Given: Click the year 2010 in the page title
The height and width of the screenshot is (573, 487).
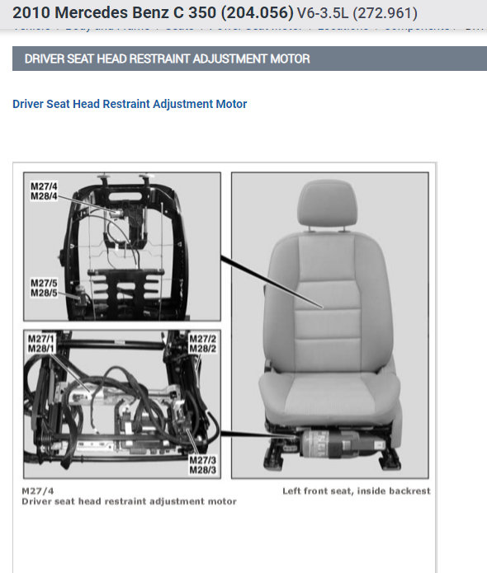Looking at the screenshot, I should [x=31, y=13].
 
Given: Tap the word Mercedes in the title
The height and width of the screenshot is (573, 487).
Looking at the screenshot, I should [x=89, y=13].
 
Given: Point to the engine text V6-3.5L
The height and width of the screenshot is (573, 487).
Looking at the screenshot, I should [x=323, y=14].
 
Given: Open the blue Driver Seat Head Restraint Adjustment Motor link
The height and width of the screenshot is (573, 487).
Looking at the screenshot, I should [x=130, y=104].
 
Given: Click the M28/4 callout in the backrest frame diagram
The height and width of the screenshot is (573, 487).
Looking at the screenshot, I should [x=44, y=195].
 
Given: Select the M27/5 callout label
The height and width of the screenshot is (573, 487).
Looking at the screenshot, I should [x=44, y=282].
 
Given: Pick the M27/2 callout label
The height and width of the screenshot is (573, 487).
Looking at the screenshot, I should [x=202, y=339].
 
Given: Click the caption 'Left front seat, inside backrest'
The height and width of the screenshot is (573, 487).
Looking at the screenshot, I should [x=356, y=491].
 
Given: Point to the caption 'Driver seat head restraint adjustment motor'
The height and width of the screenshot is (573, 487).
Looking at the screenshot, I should [x=129, y=501].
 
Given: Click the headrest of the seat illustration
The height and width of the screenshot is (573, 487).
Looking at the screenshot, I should [x=329, y=203].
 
